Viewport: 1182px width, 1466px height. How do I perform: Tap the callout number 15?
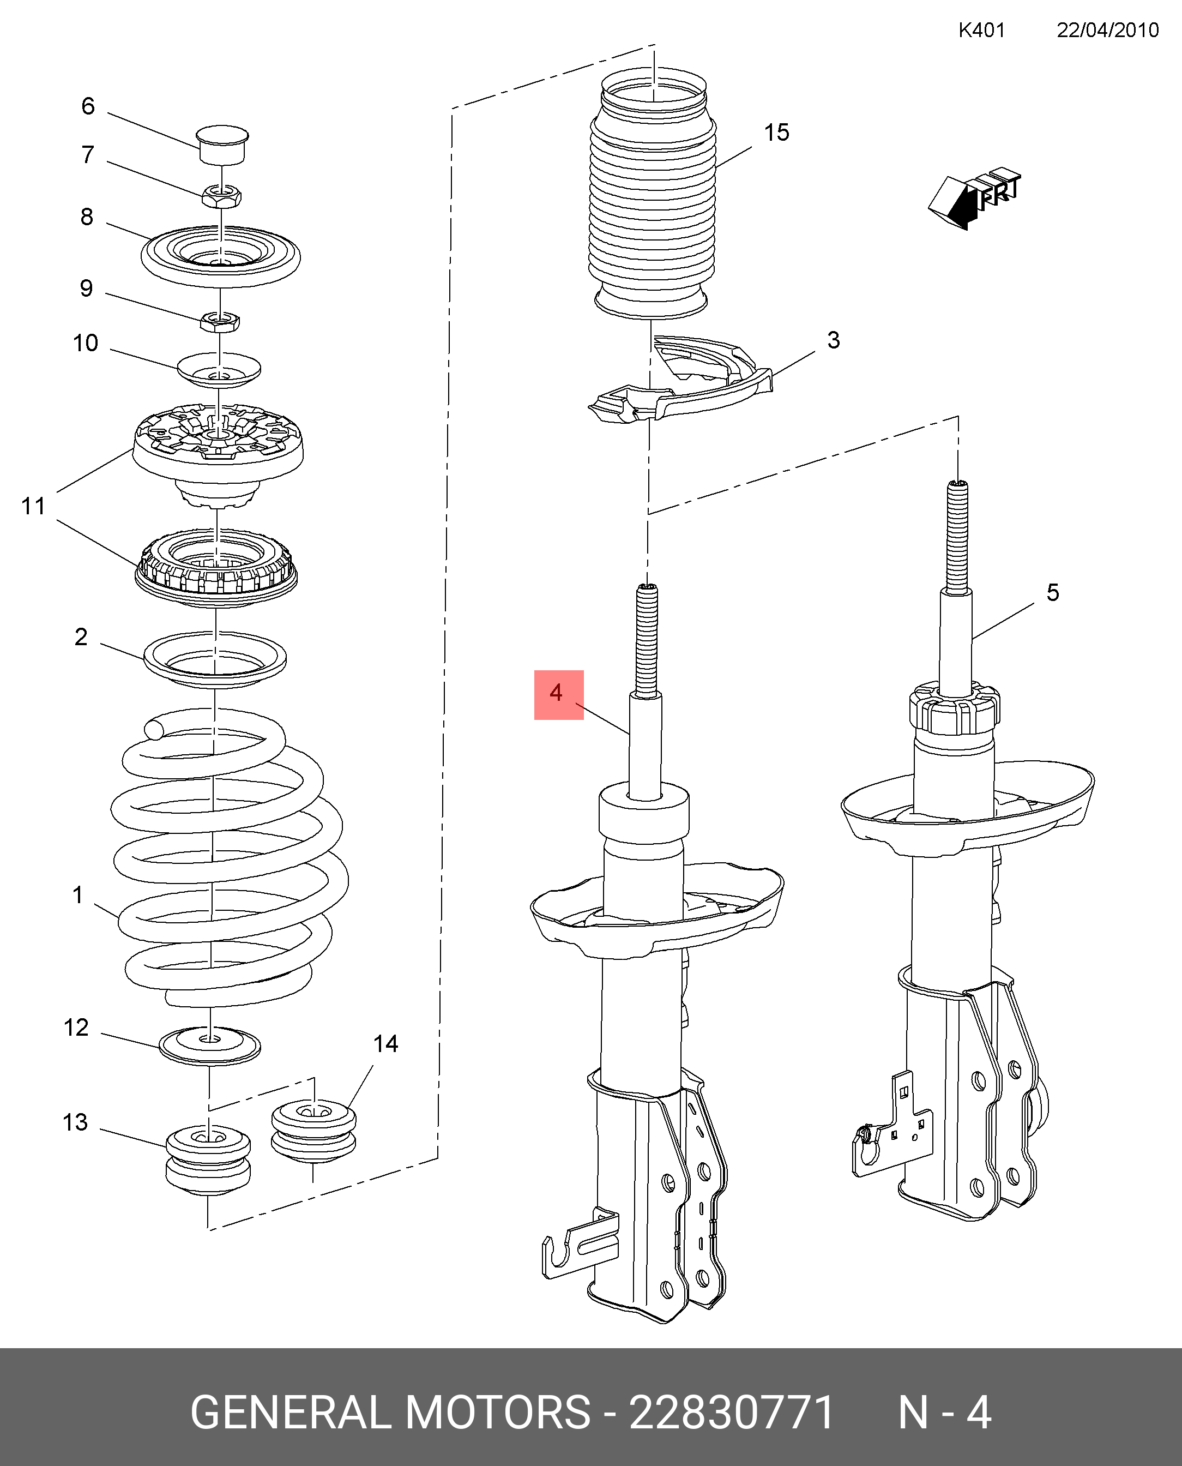click(776, 132)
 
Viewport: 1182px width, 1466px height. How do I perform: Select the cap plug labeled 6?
click(222, 143)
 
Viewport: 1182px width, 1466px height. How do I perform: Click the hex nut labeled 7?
click(221, 195)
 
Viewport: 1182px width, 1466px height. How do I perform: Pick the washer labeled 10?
click(219, 370)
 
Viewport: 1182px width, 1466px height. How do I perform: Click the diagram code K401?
click(981, 30)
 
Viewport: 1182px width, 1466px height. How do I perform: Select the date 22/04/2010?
click(1108, 30)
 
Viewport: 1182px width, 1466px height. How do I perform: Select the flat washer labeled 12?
click(210, 1045)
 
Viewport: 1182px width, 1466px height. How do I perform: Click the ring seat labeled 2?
click(215, 659)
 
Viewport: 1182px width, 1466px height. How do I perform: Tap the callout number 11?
click(33, 506)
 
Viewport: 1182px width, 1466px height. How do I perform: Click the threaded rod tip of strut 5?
click(957, 485)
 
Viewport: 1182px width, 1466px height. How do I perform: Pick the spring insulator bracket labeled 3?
click(681, 380)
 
